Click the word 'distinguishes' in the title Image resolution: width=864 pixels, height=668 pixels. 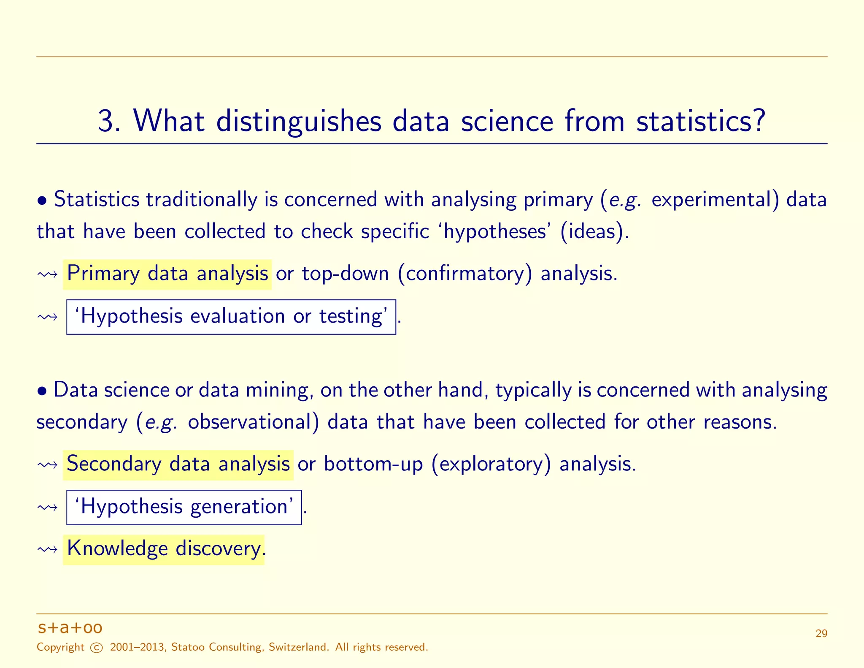299,121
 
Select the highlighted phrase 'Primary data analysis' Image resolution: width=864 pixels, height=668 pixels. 167,274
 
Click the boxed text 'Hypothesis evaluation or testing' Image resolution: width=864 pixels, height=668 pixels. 231,317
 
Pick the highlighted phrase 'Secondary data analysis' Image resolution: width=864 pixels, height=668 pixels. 178,464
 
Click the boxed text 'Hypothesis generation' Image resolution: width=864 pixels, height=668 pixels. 184,507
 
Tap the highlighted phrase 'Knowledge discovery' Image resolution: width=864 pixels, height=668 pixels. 164,549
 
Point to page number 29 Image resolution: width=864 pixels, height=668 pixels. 821,634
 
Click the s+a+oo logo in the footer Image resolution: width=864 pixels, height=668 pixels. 70,628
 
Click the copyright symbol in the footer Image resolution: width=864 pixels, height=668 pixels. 97,648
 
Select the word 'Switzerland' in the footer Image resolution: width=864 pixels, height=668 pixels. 298,647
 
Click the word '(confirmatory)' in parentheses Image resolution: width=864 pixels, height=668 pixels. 465,274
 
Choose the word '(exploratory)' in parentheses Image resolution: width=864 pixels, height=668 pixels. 491,464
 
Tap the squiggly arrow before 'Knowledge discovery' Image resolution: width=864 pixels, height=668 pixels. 47,550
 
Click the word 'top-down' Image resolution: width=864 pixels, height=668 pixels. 345,274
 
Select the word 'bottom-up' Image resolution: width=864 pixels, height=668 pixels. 373,464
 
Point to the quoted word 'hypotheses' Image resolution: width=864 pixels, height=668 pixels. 495,232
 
